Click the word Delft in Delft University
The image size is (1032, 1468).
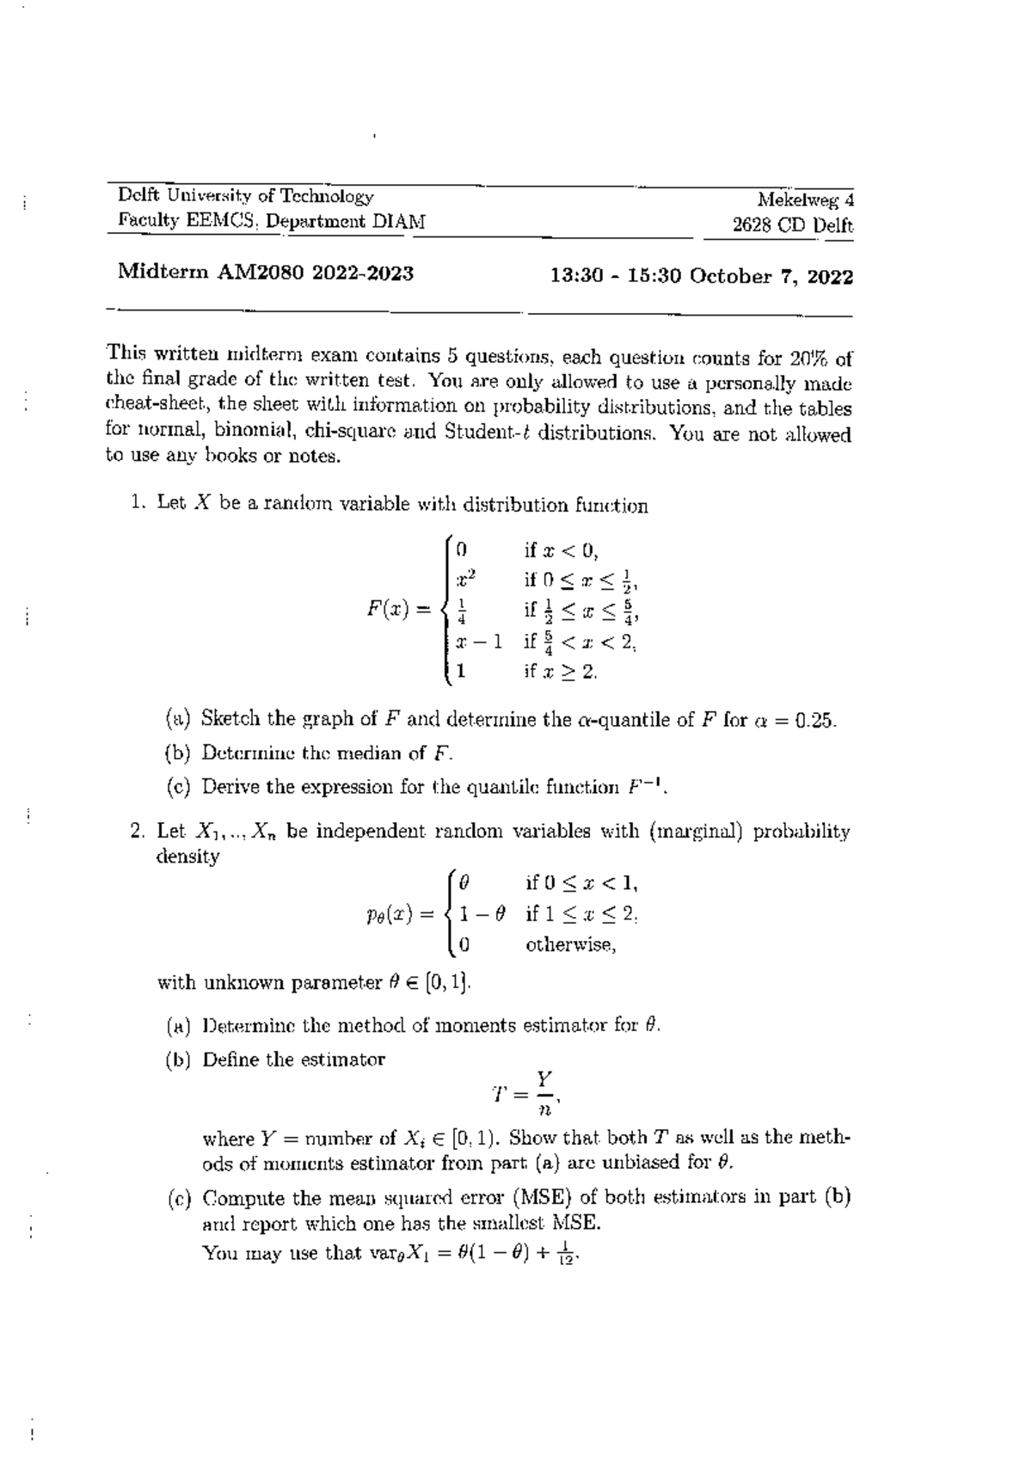[139, 197]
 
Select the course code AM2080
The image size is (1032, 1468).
[261, 273]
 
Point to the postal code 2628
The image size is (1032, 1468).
[752, 226]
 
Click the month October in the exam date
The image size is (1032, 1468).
[728, 276]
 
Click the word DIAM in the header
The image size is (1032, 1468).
[397, 221]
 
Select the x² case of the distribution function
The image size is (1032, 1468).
[465, 579]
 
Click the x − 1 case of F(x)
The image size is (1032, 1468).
[479, 641]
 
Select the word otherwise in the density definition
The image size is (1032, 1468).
[570, 944]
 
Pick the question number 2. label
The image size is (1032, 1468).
[138, 832]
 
